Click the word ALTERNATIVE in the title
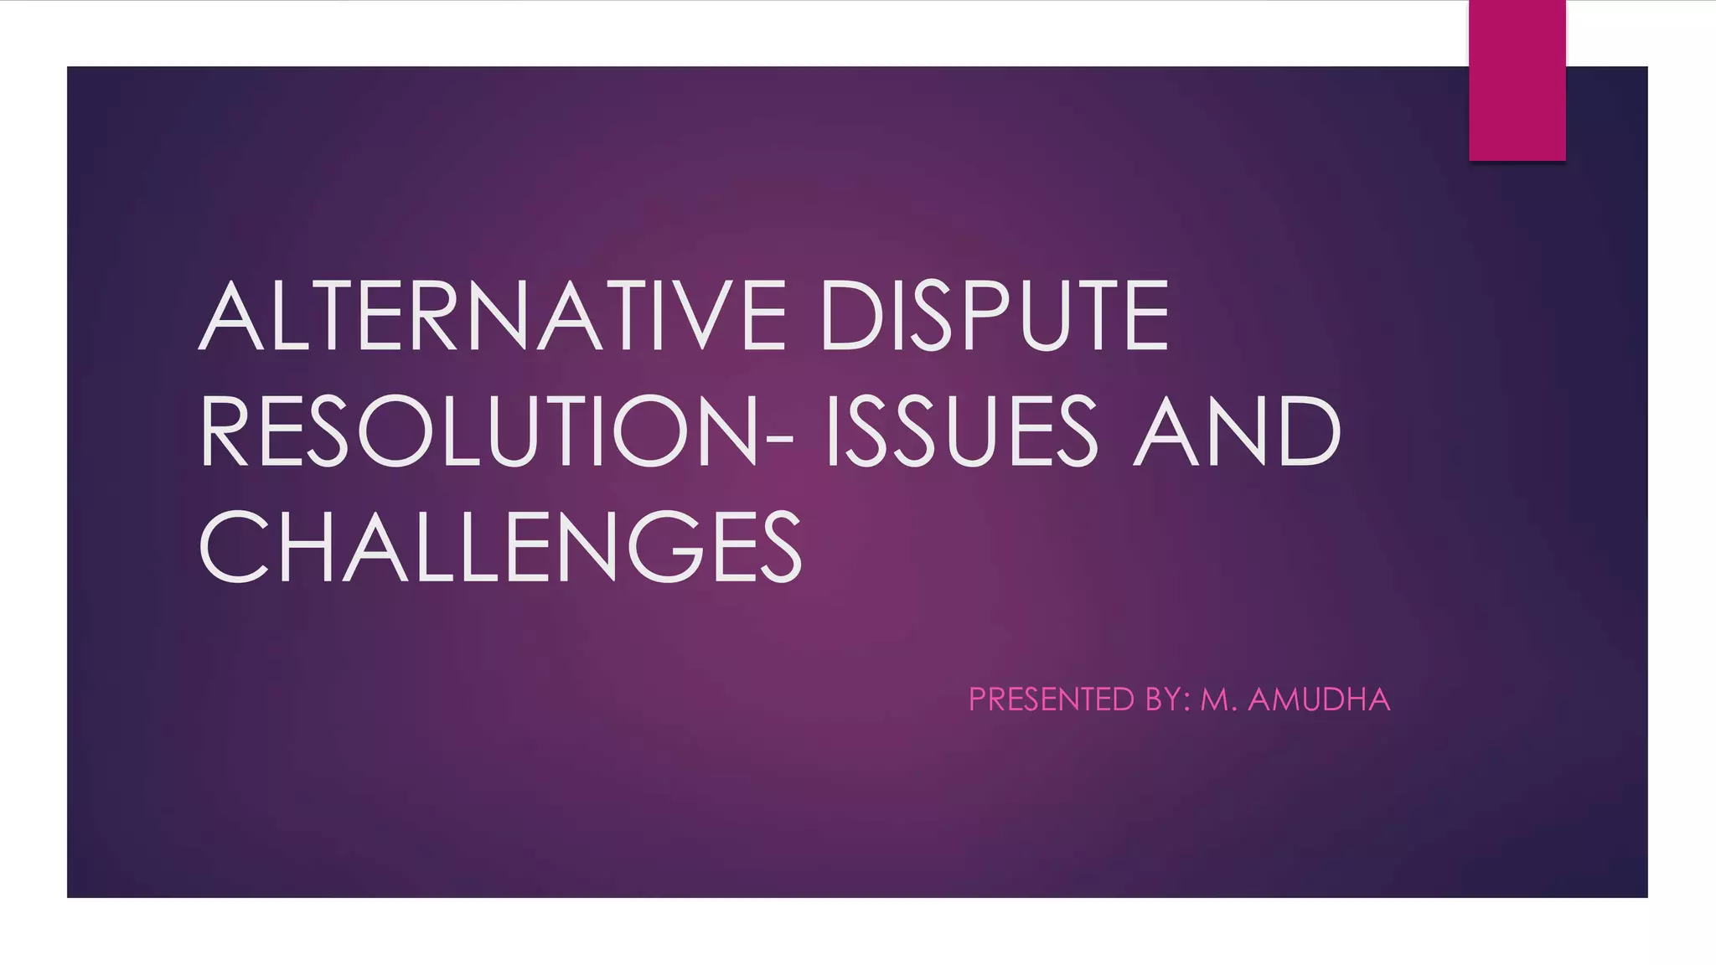tap(493, 316)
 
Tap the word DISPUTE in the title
tap(995, 316)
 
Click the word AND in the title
tap(1237, 431)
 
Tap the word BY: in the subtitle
tap(1168, 699)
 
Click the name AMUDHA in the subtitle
tap(1319, 699)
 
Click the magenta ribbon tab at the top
tap(1517, 80)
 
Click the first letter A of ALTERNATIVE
tap(235, 316)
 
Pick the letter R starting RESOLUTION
tap(224, 431)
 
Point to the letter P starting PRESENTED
tap(978, 699)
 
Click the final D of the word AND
tap(1309, 431)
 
